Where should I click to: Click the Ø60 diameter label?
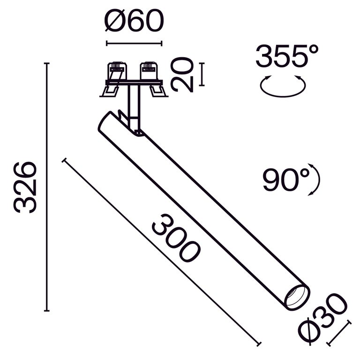(x=135, y=22)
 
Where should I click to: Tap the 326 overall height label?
(x=25, y=187)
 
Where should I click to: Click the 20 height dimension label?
(x=182, y=75)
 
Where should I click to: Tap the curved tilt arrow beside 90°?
(x=316, y=180)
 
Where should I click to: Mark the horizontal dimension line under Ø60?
(x=135, y=44)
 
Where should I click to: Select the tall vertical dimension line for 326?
(x=46, y=187)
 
